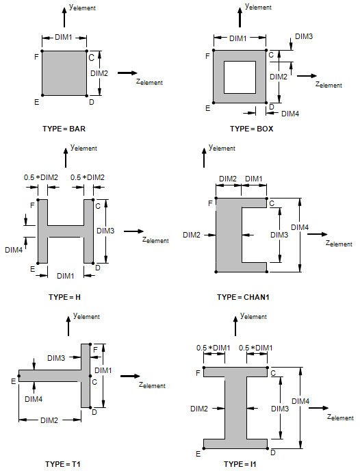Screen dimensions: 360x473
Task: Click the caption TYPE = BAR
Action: click(x=64, y=129)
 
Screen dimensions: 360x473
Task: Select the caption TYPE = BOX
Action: click(x=251, y=129)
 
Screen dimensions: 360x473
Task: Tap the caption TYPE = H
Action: click(x=64, y=297)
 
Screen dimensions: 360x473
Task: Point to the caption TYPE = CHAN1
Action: click(x=243, y=297)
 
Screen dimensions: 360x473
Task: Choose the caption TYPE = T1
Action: click(x=63, y=464)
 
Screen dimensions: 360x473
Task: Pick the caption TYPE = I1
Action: click(x=240, y=464)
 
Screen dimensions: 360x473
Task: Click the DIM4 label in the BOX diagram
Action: click(x=290, y=114)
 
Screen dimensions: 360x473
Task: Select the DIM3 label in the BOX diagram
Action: click(x=304, y=36)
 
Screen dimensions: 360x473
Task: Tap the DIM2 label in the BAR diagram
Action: click(x=99, y=73)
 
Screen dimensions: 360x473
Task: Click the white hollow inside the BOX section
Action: click(x=240, y=77)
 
